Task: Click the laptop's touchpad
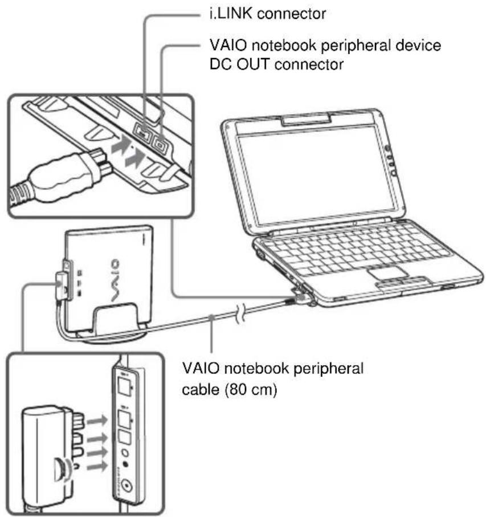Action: click(x=389, y=271)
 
